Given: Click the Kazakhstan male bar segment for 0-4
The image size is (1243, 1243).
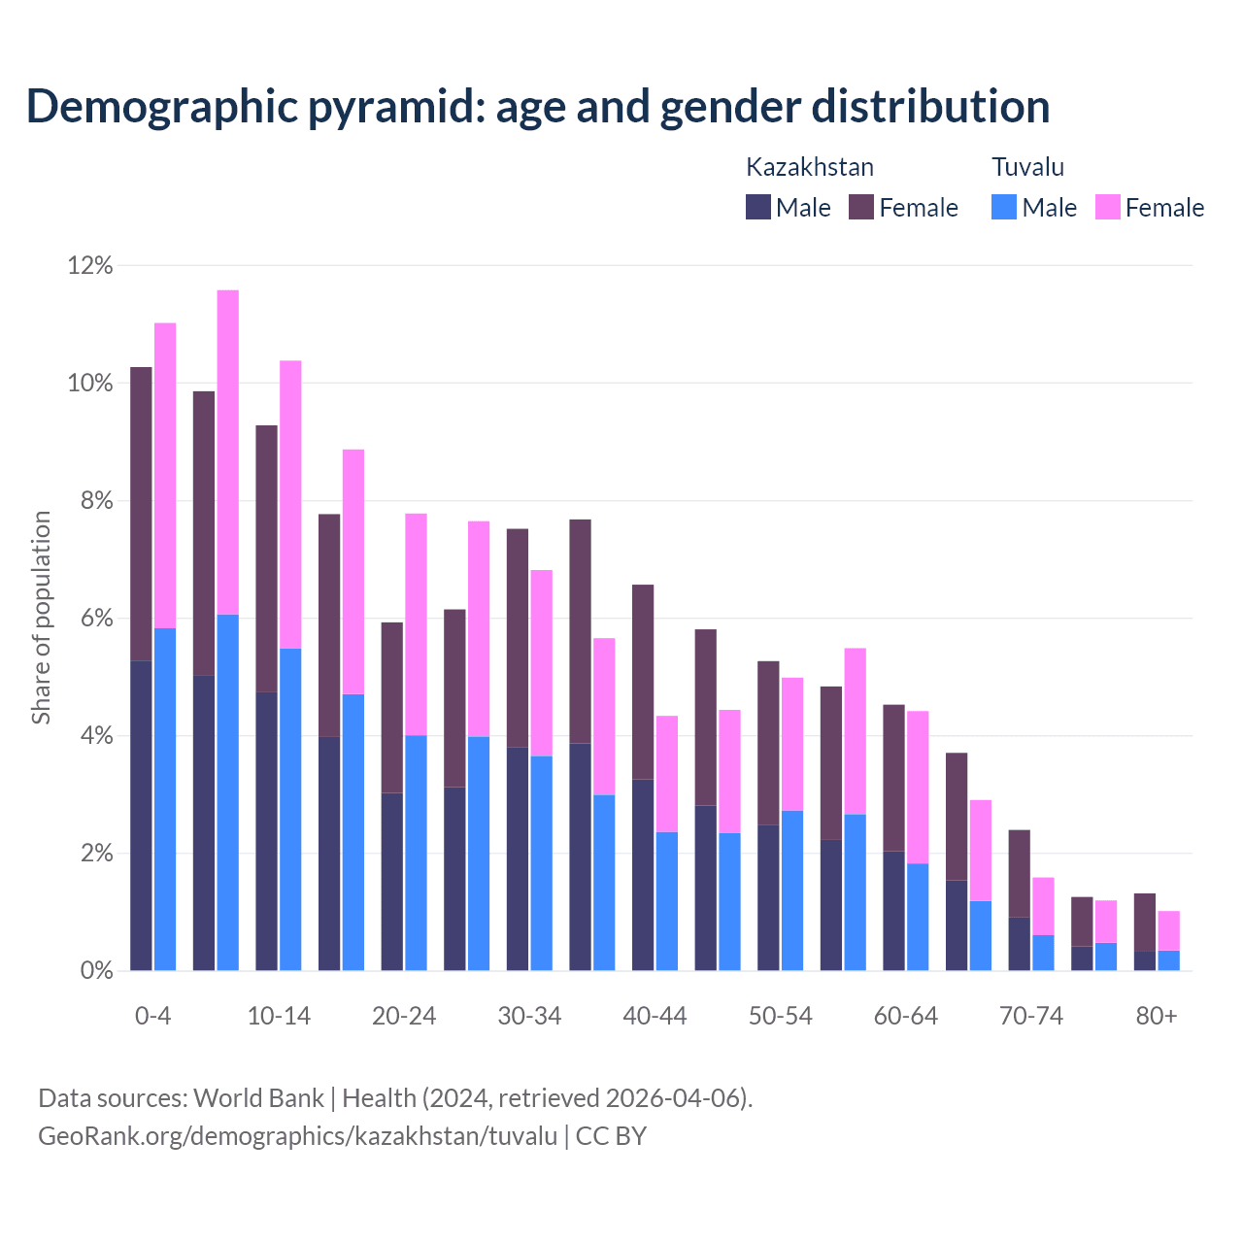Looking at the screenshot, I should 141,816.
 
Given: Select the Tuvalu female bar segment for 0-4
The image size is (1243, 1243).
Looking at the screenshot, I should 165,476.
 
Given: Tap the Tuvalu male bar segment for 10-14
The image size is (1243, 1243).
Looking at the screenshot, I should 290,809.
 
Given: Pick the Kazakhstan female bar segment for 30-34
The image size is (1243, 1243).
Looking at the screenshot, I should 518,638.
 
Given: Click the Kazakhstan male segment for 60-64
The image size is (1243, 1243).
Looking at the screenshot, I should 893,911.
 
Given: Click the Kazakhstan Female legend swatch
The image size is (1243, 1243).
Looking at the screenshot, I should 861,207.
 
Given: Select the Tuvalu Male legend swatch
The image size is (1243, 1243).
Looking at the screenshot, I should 1004,207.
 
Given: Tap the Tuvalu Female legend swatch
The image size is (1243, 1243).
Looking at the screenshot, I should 1107,207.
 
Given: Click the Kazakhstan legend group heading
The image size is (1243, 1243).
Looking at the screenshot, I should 809,167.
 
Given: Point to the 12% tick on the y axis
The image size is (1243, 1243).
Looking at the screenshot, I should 89,265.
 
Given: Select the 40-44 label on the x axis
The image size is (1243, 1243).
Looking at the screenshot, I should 655,1017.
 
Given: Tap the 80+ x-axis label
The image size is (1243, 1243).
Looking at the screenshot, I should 1157,1017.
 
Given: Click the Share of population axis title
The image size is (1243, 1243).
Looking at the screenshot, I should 41,618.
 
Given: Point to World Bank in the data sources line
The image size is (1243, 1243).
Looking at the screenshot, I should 258,1098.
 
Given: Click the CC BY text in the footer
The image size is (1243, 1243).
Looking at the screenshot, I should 611,1136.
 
